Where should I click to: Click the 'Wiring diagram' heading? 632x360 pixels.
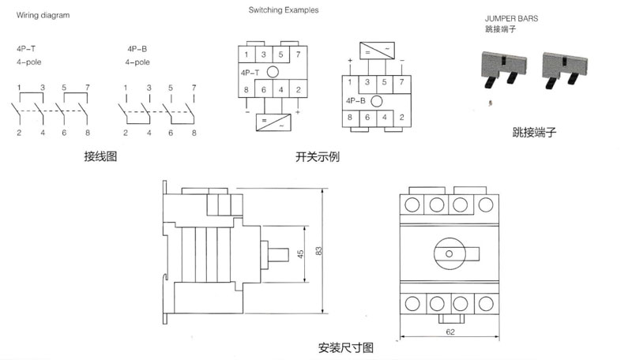pos(43,15)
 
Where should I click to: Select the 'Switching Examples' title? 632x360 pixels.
pos(284,10)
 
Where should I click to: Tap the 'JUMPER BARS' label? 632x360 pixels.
pos(511,18)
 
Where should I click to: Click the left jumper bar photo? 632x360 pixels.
pos(504,69)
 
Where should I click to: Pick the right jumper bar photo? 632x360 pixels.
pos(565,69)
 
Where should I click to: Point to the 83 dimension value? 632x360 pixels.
pos(319,251)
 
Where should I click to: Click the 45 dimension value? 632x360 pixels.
pos(301,253)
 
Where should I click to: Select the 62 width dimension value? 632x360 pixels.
pos(450,332)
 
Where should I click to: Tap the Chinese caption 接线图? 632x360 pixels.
pos(100,156)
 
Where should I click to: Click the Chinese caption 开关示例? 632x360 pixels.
pos(318,156)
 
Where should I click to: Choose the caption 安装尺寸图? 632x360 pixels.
pos(346,347)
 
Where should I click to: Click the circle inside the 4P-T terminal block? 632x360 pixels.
pos(273,72)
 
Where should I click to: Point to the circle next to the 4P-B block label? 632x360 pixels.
pos(377,101)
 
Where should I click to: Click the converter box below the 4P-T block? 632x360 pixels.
pos(273,122)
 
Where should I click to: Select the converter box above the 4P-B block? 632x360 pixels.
pos(377,51)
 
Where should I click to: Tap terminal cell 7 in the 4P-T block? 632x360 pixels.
pos(299,54)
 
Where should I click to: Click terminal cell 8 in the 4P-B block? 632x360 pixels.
pos(350,118)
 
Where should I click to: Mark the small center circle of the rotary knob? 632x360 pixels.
pos(449,253)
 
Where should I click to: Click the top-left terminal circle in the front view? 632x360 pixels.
pos(412,204)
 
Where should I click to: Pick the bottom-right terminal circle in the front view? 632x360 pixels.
pos(486,304)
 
